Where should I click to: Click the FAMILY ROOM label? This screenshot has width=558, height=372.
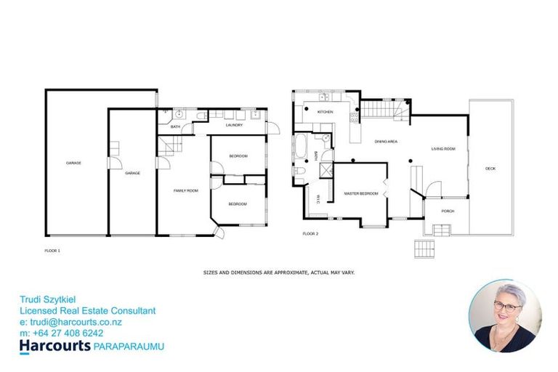click(x=185, y=190)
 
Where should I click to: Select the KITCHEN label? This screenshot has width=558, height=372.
click(x=324, y=112)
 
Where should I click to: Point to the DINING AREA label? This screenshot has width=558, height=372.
click(x=385, y=142)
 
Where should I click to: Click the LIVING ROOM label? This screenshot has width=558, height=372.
click(x=442, y=149)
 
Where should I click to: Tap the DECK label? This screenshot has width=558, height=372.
click(x=490, y=169)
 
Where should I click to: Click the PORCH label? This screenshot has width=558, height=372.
click(x=448, y=211)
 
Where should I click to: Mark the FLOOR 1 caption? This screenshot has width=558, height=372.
click(x=52, y=250)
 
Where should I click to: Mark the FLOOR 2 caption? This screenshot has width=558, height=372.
click(x=310, y=234)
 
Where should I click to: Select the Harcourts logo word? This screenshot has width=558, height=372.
click(x=54, y=346)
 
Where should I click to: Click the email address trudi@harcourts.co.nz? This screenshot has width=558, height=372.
click(x=70, y=322)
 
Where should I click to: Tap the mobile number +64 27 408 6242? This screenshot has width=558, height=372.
click(x=66, y=333)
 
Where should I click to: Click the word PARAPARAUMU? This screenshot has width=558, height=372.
click(x=129, y=347)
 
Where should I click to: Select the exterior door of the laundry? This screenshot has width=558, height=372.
click(x=274, y=129)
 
